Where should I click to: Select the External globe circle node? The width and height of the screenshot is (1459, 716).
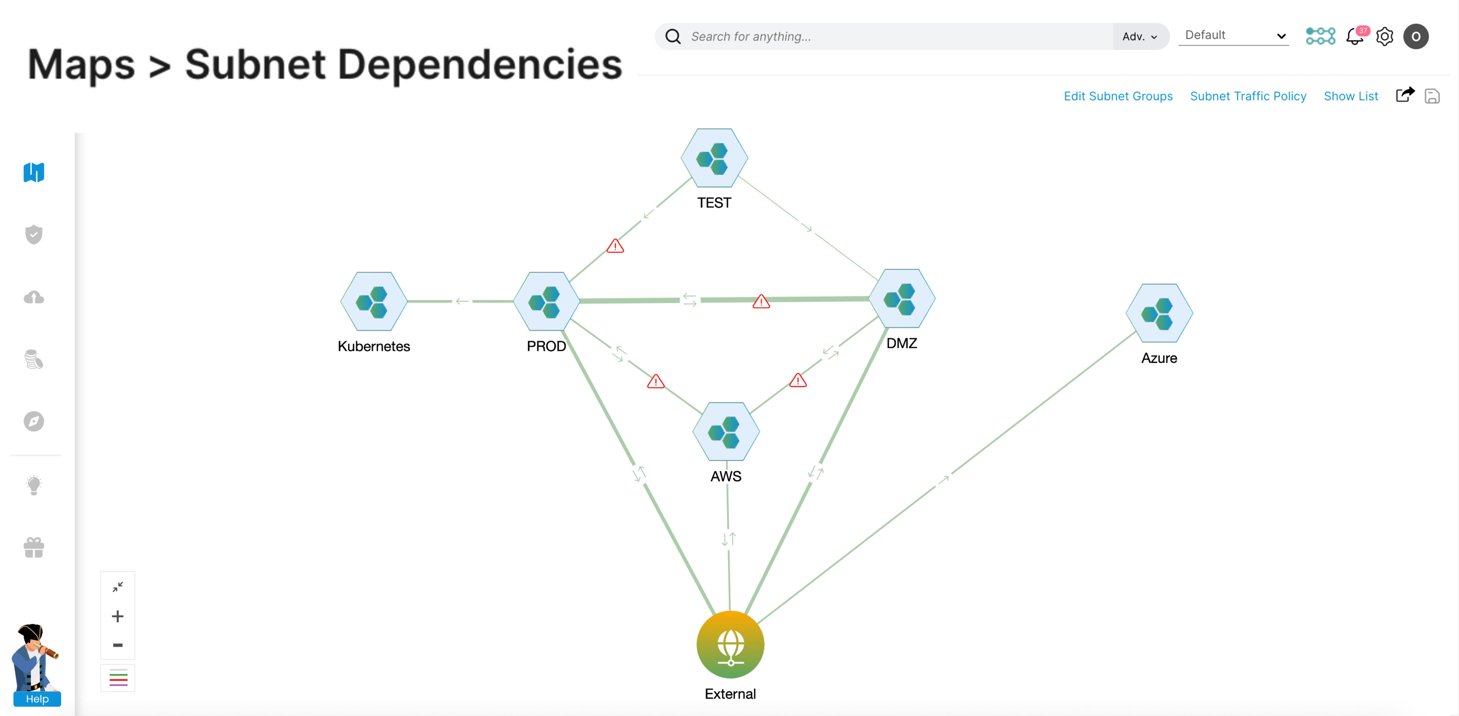click(x=730, y=645)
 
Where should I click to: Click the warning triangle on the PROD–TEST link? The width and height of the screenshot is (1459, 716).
click(x=615, y=246)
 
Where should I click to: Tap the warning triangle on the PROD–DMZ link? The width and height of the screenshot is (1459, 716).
click(x=761, y=302)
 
